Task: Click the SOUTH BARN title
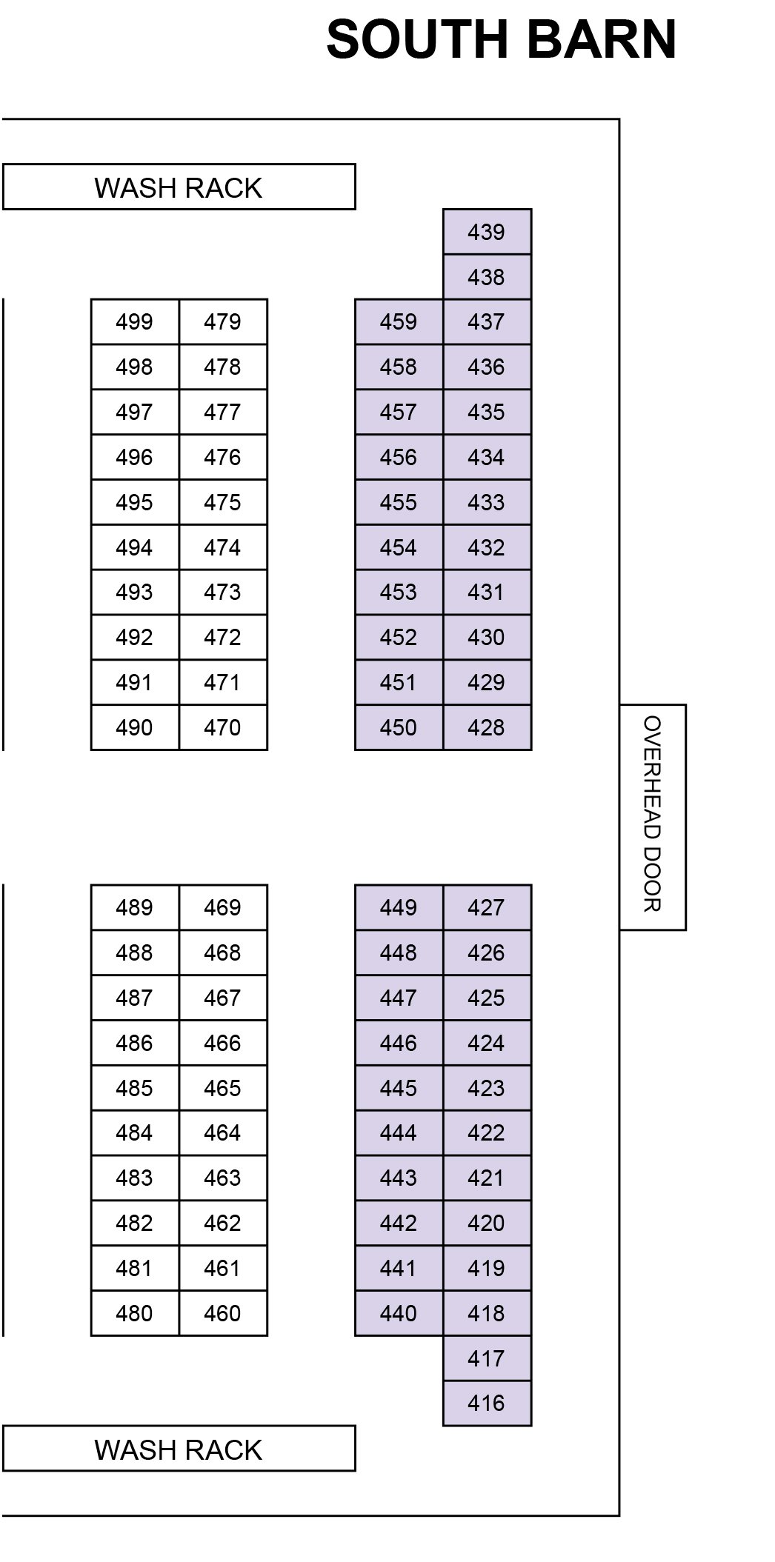tap(502, 40)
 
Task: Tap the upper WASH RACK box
tap(179, 187)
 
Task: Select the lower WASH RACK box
tap(179, 1449)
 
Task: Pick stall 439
tap(487, 233)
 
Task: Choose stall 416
tap(487, 1403)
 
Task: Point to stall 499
tap(135, 322)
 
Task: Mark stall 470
tap(223, 727)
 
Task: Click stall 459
tap(399, 322)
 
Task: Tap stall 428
tap(487, 727)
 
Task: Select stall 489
tap(135, 907)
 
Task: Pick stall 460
tap(223, 1313)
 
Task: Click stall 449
tap(399, 907)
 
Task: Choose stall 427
tap(487, 907)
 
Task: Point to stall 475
tap(223, 502)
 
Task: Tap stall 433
tap(487, 502)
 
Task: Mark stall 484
tap(135, 1132)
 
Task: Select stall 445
tap(399, 1088)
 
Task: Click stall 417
tap(487, 1358)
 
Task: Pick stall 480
tap(135, 1313)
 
